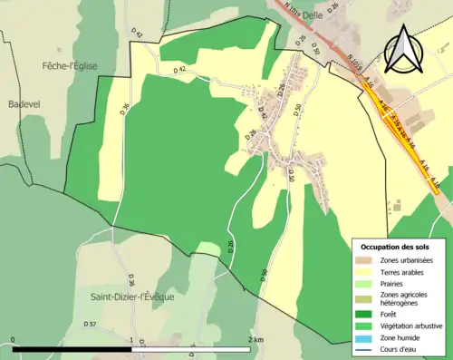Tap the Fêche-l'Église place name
click(70, 65)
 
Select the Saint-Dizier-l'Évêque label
click(132, 296)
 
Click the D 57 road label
click(90, 324)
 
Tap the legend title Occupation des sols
click(395, 247)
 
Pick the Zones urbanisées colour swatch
click(364, 261)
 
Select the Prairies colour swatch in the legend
click(364, 285)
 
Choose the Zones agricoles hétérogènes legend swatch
click(364, 298)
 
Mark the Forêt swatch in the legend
click(364, 315)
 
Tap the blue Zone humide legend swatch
click(364, 338)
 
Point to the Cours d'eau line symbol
click(364, 349)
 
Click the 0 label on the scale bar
click(14, 340)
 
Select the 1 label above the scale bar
click(132, 340)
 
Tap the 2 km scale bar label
click(255, 340)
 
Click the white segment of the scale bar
click(191, 349)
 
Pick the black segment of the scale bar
click(72, 349)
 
